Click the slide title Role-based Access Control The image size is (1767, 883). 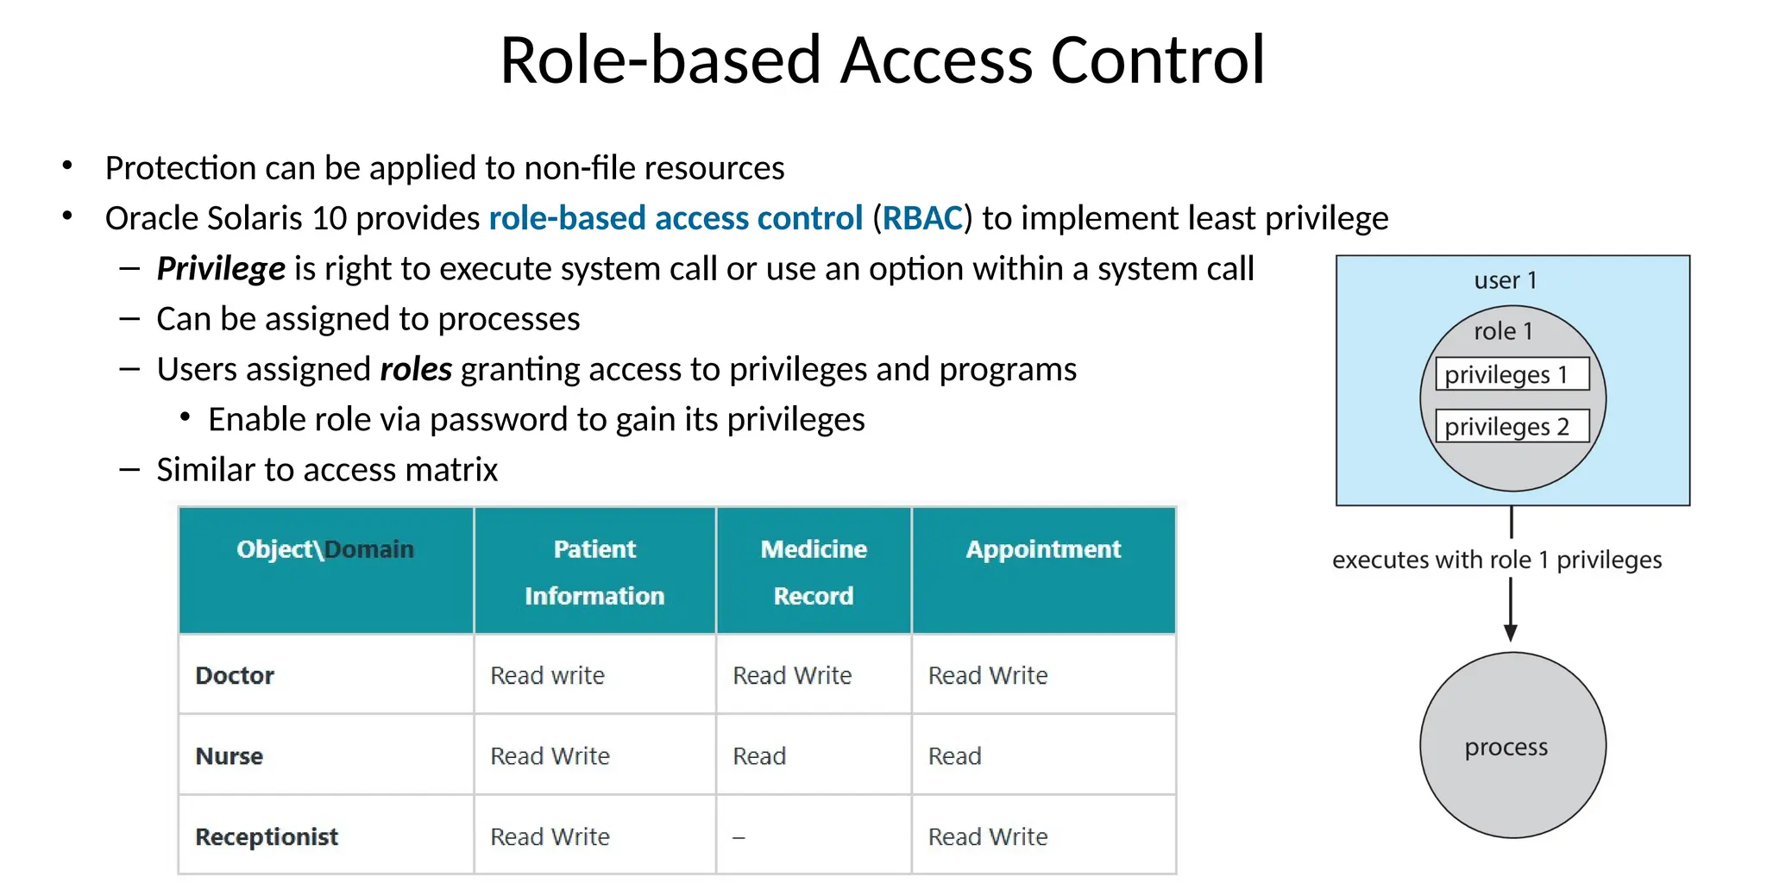point(882,60)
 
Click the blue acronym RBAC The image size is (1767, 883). point(921,218)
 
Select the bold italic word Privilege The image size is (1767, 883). point(221,269)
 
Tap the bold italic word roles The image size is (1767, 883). point(416,369)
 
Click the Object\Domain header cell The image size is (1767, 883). point(325,549)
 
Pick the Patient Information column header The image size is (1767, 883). point(594,572)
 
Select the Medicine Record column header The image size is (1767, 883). point(813,572)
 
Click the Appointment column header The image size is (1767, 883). point(1043,549)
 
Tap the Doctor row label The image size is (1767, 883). point(235,675)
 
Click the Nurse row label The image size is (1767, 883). point(230,756)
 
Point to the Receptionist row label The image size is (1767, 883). point(267,836)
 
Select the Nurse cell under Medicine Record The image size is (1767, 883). point(759,756)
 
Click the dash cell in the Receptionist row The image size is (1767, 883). point(739,837)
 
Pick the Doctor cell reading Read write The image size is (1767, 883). point(547,675)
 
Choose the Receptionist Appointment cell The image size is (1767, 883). point(988,836)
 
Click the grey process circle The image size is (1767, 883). point(1512,745)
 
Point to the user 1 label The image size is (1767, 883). point(1505,280)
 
